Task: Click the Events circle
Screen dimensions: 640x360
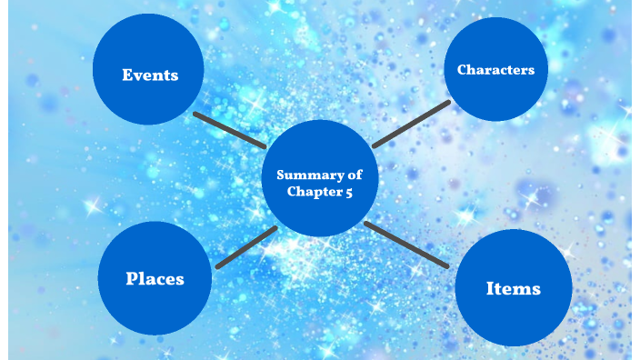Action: coord(148,69)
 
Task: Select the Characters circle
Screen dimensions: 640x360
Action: coord(496,69)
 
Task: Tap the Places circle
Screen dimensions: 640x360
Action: coord(155,278)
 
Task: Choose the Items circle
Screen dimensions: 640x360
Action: coord(514,288)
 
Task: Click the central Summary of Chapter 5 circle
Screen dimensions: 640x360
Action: coord(320,178)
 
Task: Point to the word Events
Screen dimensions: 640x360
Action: coord(150,75)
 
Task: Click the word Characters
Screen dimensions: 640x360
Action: coord(496,70)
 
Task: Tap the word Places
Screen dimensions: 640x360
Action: coord(155,279)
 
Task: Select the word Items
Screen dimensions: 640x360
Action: coord(514,288)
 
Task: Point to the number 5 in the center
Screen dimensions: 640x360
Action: coord(349,192)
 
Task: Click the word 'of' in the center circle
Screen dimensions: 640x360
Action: coord(355,175)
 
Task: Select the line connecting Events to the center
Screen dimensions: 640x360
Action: coord(230,130)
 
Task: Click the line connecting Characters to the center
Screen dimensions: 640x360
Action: coord(412,124)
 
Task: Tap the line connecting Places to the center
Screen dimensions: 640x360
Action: coord(246,248)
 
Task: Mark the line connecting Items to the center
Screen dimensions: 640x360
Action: coord(406,245)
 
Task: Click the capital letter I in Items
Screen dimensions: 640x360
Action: coord(490,288)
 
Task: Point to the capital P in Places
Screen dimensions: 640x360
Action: coord(132,278)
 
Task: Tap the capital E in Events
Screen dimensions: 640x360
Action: coord(128,75)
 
